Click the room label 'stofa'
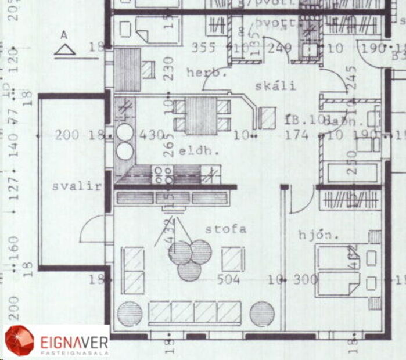[225, 229]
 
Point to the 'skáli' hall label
[275, 86]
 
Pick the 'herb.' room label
[206, 73]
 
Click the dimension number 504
[229, 279]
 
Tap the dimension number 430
[152, 135]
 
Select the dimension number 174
[297, 135]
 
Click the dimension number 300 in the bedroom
[305, 279]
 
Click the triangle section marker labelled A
[64, 49]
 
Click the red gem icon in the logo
[19, 341]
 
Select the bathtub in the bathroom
[352, 173]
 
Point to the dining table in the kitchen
[201, 115]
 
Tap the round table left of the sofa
[130, 314]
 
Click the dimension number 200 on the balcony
[67, 135]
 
